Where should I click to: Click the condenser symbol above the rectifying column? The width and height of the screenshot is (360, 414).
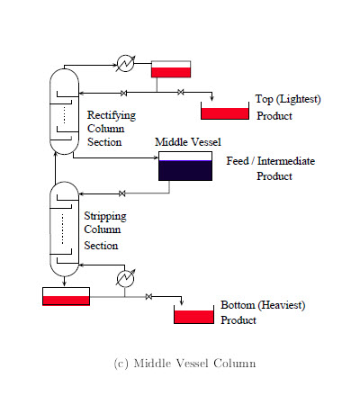pos(125,63)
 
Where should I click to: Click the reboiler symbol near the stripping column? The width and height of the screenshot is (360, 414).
pos(125,279)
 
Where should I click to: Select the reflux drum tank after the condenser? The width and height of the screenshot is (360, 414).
pos(171,69)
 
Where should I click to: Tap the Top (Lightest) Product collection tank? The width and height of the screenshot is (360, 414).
pos(225,111)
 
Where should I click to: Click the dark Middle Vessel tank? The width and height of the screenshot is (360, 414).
pos(185,166)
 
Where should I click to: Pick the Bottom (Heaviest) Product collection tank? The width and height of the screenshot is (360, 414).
pos(194,315)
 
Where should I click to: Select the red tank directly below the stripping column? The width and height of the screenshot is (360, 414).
pos(66,296)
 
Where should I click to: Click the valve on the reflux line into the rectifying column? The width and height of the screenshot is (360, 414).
pos(123,94)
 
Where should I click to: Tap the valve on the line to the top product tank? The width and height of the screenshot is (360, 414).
pos(180,92)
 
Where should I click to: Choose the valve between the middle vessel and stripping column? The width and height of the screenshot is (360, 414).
pos(121,193)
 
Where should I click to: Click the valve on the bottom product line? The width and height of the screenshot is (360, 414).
pos(148,297)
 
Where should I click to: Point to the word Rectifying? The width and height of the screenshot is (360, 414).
pos(112,115)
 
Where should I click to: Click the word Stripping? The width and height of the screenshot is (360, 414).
pos(105,216)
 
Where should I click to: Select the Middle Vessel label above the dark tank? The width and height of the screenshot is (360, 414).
pos(188,142)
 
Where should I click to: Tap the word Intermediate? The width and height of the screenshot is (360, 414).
pos(286,161)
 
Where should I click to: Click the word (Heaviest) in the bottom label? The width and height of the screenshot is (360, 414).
pos(282,305)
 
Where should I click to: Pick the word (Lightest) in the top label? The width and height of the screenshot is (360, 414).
pos(299,99)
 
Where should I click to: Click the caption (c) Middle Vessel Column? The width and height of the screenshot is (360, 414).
pos(184,364)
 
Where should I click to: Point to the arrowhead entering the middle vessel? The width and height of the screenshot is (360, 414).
pos(156,157)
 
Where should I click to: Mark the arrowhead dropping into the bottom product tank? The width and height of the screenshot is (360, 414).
pos(182,302)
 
